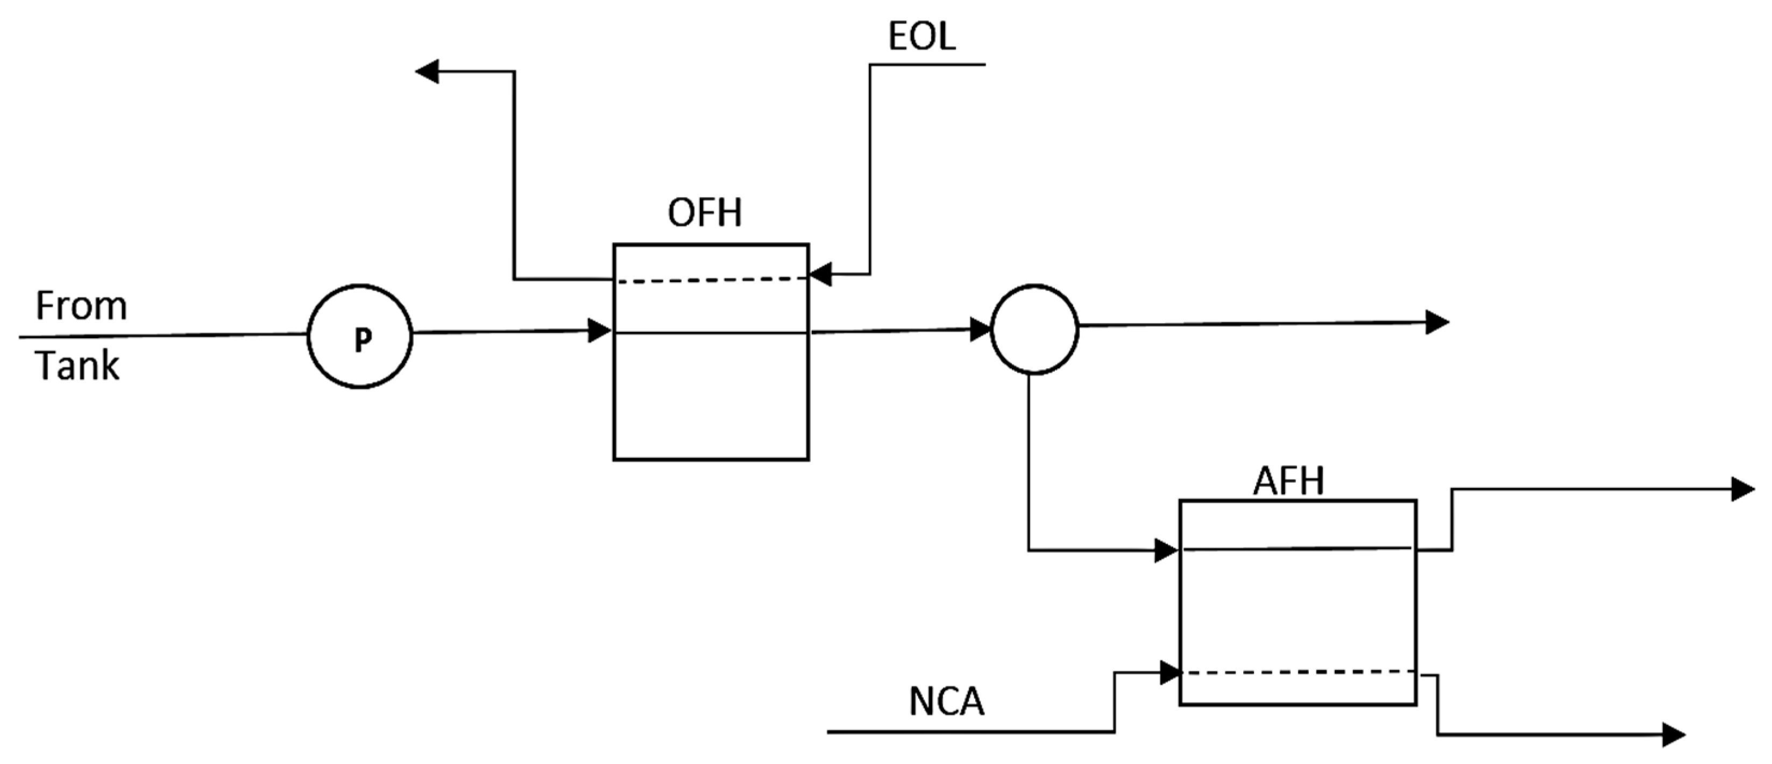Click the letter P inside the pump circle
pyautogui.click(x=362, y=339)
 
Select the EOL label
pyautogui.click(x=921, y=37)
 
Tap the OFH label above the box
pyautogui.click(x=704, y=213)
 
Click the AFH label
pyautogui.click(x=1288, y=481)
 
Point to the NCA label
pyautogui.click(x=947, y=702)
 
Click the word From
pyautogui.click(x=81, y=306)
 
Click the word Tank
pyautogui.click(x=77, y=366)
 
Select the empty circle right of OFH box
pyautogui.click(x=1034, y=329)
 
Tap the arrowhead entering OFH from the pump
pyautogui.click(x=599, y=331)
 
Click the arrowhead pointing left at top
pyautogui.click(x=428, y=71)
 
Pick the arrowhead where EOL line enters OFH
pyautogui.click(x=820, y=274)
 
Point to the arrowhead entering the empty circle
pyautogui.click(x=980, y=329)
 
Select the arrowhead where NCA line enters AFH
pyautogui.click(x=1169, y=672)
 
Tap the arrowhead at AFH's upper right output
pyautogui.click(x=1742, y=489)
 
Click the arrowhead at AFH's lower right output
pyautogui.click(x=1673, y=734)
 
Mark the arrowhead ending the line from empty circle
pyautogui.click(x=1436, y=322)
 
